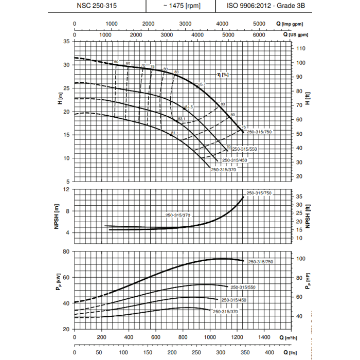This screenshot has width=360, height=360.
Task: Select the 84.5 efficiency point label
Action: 189,106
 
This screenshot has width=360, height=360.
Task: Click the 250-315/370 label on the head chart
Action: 224,169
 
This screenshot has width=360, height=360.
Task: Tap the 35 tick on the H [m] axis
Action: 66,42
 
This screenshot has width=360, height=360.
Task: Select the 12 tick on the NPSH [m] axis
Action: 66,189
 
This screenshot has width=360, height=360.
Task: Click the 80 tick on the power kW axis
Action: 66,251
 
